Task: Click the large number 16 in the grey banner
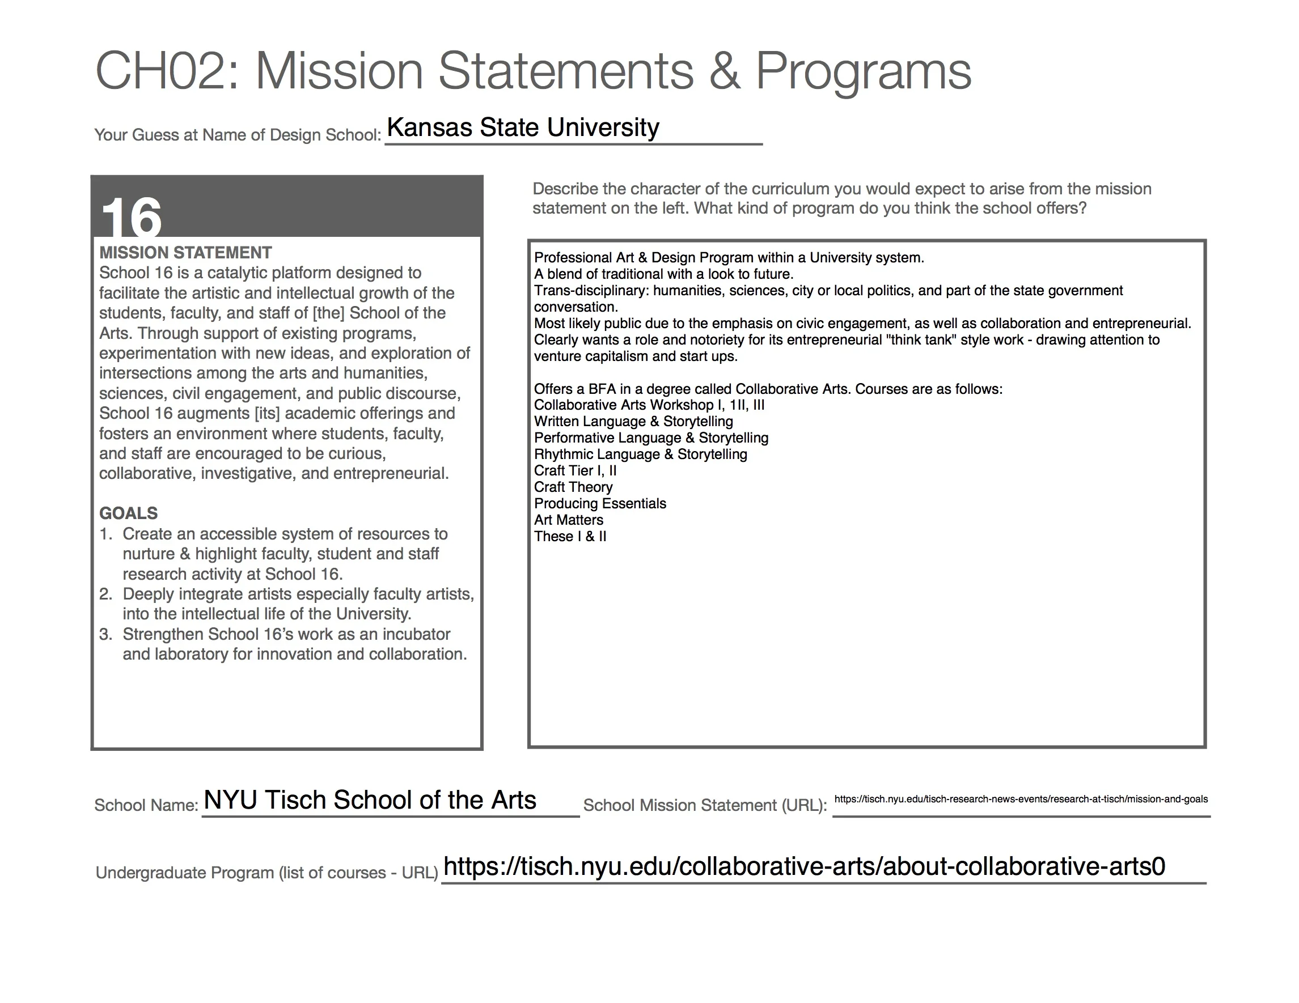(132, 217)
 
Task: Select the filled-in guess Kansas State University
(523, 127)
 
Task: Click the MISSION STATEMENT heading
(185, 253)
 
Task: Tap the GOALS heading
(129, 513)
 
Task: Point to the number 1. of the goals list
(106, 534)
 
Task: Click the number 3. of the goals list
(106, 634)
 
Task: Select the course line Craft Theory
(573, 487)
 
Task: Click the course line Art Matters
(568, 520)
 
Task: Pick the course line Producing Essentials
(599, 504)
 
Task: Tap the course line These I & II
(570, 536)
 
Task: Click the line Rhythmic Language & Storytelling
(640, 454)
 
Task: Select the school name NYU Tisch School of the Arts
(369, 800)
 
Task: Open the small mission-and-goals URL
(1021, 799)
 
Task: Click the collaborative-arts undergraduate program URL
(804, 867)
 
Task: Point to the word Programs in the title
(863, 71)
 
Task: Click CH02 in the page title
(160, 71)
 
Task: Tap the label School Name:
(146, 806)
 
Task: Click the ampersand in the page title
(725, 71)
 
